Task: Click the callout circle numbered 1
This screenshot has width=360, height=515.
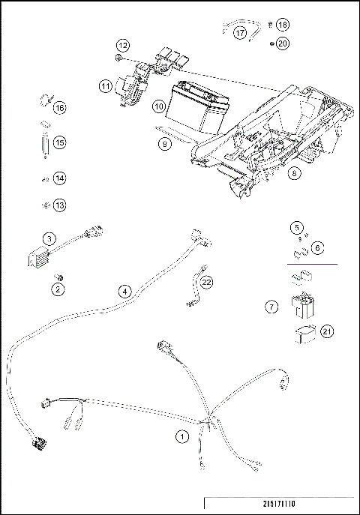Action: (x=180, y=436)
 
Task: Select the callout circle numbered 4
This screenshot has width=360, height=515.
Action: (x=124, y=291)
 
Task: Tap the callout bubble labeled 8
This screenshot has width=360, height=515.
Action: (x=293, y=172)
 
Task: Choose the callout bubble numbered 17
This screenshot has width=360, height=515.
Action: (x=240, y=33)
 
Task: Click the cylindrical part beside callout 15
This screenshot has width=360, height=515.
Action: (x=43, y=142)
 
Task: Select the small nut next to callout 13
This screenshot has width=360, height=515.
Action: (x=44, y=205)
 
